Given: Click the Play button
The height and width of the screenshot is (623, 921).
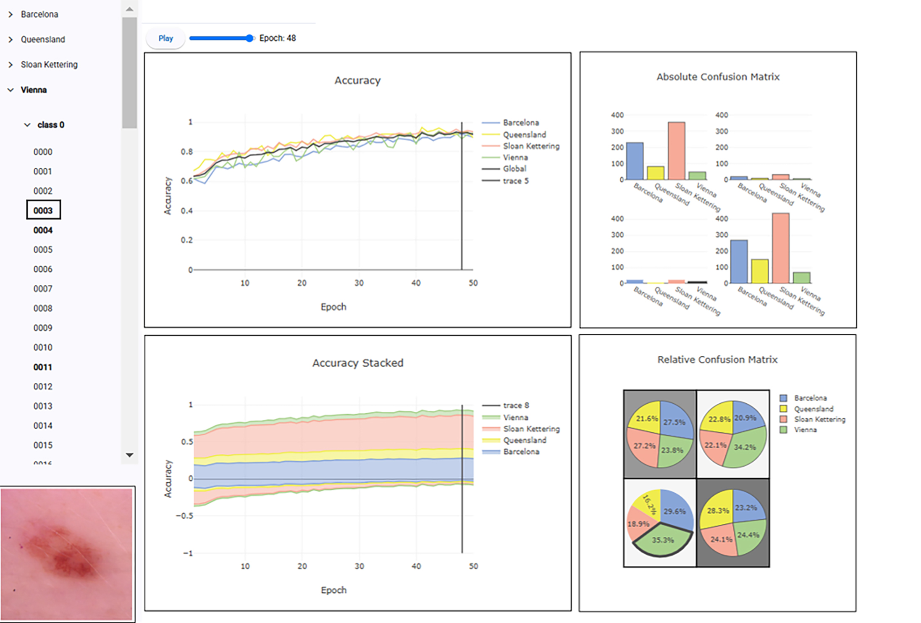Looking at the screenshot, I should coord(165,38).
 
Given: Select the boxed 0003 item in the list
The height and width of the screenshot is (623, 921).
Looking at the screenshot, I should coord(43,210).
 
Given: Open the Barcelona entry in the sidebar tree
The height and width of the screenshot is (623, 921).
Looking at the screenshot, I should coord(39,14).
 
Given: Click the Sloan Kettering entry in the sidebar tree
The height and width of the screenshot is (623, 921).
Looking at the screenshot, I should coord(49,65).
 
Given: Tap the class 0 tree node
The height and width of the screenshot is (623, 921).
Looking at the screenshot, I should coord(50,125).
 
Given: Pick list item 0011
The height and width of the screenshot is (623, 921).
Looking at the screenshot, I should coord(43,367).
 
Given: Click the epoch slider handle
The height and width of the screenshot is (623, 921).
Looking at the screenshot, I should coord(250,38).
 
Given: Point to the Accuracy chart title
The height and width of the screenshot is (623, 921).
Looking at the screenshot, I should coord(357,80).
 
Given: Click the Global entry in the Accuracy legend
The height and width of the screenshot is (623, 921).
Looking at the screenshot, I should coord(514,169).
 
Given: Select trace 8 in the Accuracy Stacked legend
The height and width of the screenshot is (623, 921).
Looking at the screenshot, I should coord(516,405).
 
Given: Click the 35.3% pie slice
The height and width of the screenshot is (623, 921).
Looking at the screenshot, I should coord(663,541).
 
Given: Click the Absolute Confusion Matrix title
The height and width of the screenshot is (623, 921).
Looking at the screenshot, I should coord(718,77).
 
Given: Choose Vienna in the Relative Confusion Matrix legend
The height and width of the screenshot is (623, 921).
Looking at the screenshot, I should coord(805,430).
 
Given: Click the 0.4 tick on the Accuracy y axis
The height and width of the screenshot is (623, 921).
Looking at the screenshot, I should coord(187,211).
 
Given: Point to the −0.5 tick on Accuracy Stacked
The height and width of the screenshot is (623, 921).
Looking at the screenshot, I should coord(184,516).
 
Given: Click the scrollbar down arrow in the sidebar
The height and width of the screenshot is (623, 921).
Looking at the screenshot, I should coord(130,455).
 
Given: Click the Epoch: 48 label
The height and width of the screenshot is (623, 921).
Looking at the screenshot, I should coord(278,38).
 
